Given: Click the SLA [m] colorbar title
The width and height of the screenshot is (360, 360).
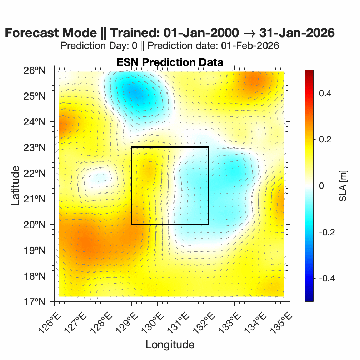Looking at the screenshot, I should coord(343,186).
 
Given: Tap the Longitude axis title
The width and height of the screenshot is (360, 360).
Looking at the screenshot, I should coord(170,345).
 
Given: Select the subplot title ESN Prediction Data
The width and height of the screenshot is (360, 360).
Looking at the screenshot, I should coord(170,62).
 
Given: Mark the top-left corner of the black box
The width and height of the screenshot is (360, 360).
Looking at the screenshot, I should coord(131,147).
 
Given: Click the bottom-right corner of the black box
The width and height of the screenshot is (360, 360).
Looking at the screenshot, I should coord(209,224).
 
